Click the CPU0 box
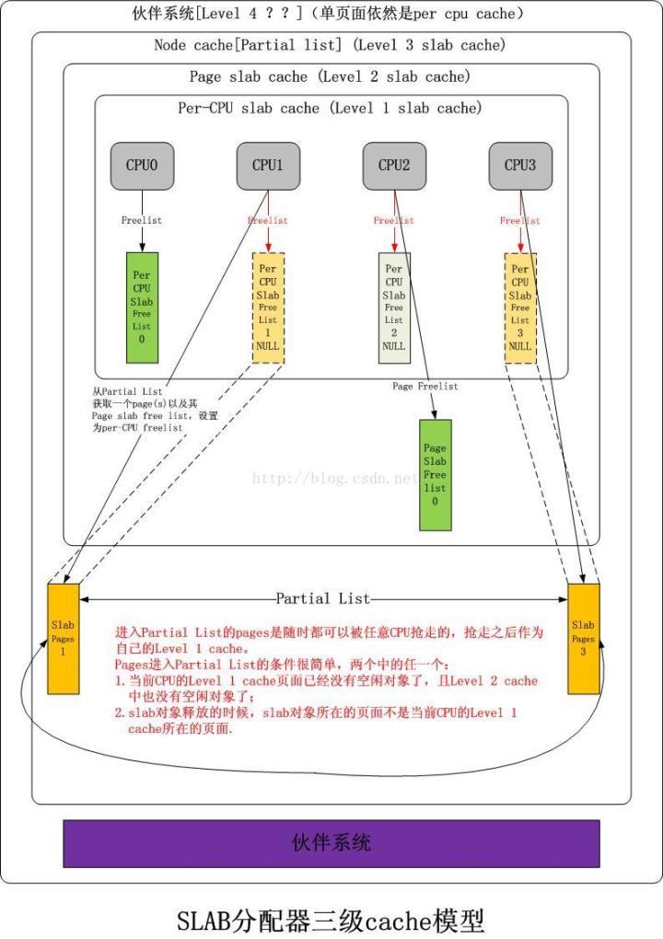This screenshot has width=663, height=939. (142, 166)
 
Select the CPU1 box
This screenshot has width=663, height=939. (268, 166)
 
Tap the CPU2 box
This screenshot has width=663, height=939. (394, 166)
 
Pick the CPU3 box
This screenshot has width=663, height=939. (520, 166)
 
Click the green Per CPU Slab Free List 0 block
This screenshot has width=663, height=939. (142, 307)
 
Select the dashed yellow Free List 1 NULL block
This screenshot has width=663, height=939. (268, 307)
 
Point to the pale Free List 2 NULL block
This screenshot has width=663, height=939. (394, 307)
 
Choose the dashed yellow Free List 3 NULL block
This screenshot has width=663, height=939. (520, 307)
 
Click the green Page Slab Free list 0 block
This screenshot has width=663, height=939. (435, 474)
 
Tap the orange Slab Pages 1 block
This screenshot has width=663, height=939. (64, 638)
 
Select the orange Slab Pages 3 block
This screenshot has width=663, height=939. (583, 638)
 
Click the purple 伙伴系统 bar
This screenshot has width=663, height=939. (331, 843)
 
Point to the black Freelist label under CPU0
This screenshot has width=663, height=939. (142, 221)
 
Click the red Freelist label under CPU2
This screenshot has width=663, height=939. (394, 221)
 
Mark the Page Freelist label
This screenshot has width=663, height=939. (425, 387)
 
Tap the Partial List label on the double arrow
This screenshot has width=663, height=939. (322, 599)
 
